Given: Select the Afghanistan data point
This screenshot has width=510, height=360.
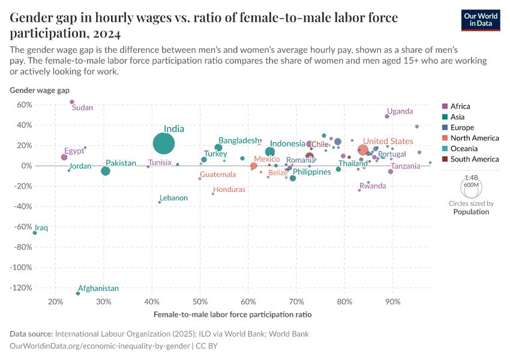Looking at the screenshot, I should pos(78,293).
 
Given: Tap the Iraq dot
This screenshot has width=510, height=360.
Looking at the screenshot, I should pos(35,233).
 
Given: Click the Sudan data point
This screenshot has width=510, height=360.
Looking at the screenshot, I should pos(72,102).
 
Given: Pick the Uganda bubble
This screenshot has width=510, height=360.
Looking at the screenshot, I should pos(387,116).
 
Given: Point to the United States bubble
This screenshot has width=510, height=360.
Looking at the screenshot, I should pos(362,150).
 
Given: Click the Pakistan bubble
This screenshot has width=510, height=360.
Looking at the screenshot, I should pos(106,171).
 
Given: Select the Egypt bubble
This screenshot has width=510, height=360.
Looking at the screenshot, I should pos(64,157).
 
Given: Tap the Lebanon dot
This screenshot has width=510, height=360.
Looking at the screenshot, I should pos(160,202).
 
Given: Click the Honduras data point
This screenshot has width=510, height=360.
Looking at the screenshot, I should pos(213,194).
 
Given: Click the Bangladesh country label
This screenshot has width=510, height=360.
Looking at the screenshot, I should pos(238,140).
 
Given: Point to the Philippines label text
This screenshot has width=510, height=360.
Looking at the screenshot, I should pos(311,172).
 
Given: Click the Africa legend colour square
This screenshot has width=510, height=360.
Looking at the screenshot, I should pos(445,106).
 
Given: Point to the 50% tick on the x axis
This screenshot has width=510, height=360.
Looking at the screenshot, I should pos(200,301).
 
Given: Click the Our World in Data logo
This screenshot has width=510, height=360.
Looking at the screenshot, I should pos(481,20).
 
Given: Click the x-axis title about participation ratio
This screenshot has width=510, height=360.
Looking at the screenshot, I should pos(233,314).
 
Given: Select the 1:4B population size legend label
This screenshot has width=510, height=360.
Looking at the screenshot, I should pos(472,178).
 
